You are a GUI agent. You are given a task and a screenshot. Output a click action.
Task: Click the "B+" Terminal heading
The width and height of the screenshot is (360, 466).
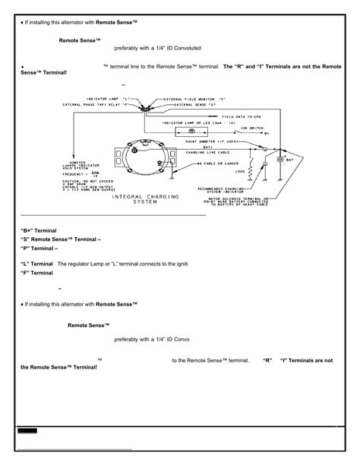[38, 229]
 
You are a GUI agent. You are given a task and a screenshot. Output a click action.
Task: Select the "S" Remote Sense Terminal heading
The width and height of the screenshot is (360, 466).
[61, 239]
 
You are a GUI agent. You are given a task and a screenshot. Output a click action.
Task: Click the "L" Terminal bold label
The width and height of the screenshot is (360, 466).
[36, 263]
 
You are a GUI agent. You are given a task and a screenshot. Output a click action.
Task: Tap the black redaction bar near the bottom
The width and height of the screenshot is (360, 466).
[28, 430]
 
